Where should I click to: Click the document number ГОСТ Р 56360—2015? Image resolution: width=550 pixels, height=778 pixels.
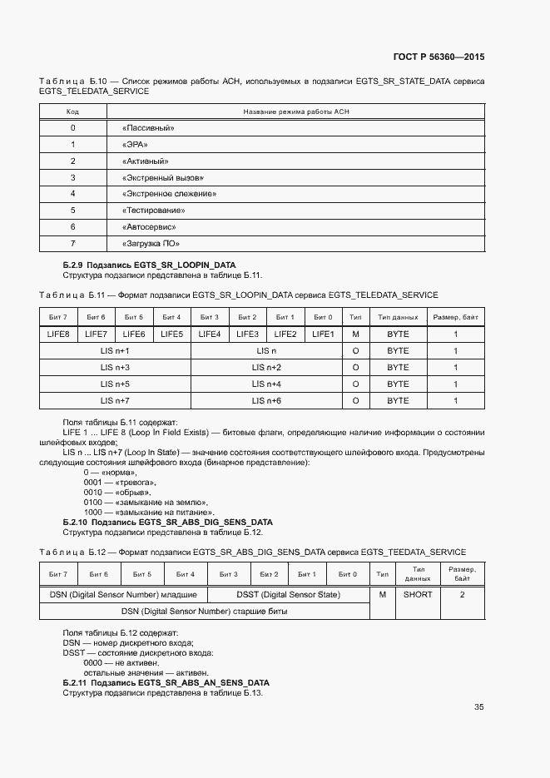point(438,57)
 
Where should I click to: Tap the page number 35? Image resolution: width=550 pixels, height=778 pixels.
point(478,707)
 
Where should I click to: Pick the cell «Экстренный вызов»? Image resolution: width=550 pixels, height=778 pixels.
point(162,177)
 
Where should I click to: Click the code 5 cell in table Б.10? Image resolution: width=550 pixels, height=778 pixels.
point(73,211)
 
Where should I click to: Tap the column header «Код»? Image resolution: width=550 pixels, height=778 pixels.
point(73,111)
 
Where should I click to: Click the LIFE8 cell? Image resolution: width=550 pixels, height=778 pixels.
point(58,334)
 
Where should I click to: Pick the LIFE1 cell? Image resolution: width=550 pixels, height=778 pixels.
point(323,334)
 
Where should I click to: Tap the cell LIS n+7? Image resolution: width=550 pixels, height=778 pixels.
point(115,400)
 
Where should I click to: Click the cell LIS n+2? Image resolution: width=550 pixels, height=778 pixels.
point(267,367)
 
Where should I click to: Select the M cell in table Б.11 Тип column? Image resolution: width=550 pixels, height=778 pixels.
point(355,334)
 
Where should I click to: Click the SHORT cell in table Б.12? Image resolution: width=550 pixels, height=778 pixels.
point(418,595)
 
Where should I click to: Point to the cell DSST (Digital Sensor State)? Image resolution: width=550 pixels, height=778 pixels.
point(288,595)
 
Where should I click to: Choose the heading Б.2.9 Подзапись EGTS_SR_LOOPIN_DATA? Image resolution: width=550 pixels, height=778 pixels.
point(143,265)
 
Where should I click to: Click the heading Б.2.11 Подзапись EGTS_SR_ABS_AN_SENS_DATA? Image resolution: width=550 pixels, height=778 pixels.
point(166,682)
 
